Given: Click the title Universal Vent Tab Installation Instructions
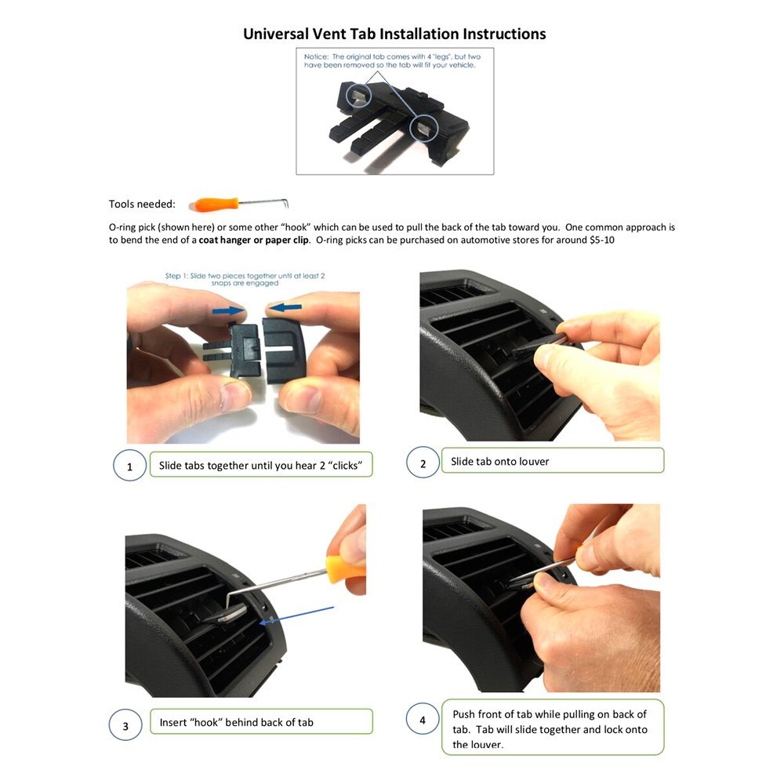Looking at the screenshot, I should [x=394, y=34].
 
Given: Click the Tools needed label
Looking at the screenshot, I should [x=142, y=205].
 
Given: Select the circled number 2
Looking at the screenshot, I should [x=423, y=463].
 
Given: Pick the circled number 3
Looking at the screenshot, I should [x=125, y=725].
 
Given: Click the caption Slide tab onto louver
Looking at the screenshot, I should [x=500, y=462].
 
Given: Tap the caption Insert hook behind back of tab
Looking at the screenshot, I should [x=236, y=722].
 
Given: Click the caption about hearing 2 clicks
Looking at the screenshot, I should [x=260, y=466].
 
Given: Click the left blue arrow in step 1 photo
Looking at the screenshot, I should [x=231, y=310].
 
